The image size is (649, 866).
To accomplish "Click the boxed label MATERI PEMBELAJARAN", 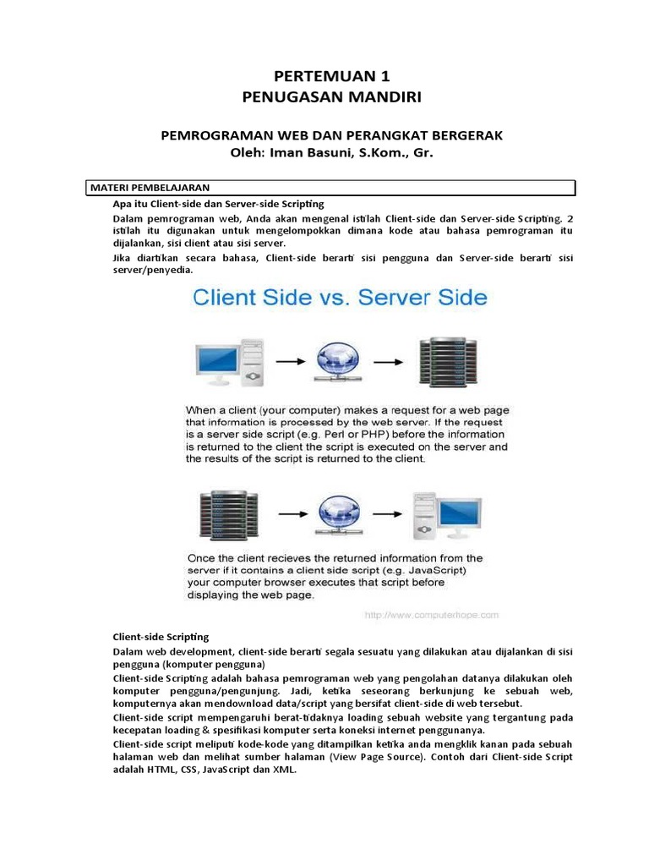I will click(150, 188).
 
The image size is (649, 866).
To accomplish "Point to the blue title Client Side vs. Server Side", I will click(340, 298).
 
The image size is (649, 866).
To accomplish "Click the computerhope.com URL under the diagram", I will click(431, 616).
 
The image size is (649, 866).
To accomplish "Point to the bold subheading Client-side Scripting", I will click(161, 636).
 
